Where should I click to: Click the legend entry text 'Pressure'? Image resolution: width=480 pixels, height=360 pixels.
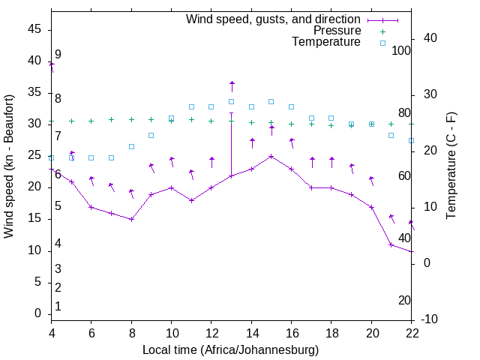pos(337,31)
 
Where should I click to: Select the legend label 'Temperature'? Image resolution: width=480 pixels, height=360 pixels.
pos(326,42)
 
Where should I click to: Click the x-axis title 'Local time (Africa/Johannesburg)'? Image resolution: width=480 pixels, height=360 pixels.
pos(231,350)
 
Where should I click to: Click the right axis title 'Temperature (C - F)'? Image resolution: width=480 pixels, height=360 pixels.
pos(451,166)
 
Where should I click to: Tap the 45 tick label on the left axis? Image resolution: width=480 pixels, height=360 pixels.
pos(34,28)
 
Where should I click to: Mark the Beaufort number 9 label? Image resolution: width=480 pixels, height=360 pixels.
pos(58,55)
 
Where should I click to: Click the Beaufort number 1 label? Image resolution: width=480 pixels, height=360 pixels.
pos(58,307)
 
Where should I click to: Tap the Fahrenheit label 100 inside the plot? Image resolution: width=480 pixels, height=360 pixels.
pos(401,51)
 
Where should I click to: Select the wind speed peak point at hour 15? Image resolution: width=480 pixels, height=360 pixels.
pos(271,156)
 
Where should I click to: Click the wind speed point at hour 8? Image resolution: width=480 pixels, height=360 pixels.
pos(131,219)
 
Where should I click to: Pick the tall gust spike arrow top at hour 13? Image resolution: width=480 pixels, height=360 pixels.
pos(232,82)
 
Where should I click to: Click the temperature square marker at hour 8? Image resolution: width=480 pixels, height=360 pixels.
pos(131,146)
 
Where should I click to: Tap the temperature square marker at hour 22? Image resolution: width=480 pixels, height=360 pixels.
pos(411,140)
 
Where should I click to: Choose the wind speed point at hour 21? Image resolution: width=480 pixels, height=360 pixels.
pos(391,244)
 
